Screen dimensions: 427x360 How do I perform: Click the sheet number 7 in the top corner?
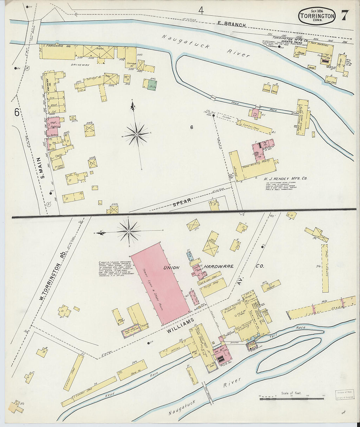[345, 15]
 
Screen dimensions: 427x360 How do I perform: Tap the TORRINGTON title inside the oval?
[317, 16]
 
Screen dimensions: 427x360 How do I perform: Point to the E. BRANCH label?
[232, 24]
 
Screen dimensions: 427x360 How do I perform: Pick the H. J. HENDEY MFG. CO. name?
[285, 179]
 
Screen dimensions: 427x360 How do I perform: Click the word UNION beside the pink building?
[171, 267]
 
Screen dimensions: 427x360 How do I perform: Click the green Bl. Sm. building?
[150, 84]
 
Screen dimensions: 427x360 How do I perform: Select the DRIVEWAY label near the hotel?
[80, 65]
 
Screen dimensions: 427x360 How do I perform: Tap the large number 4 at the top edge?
[201, 11]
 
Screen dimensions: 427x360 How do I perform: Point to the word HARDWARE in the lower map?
[219, 266]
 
